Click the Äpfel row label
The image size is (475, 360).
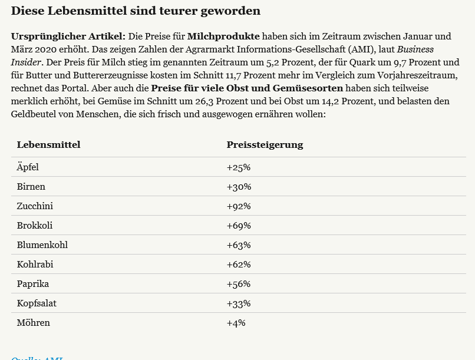click(28, 167)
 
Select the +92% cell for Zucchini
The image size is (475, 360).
click(239, 206)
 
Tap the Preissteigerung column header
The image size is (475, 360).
click(265, 145)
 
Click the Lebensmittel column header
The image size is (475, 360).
click(48, 145)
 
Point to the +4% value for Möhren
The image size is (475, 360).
click(236, 323)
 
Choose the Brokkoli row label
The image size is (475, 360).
click(35, 226)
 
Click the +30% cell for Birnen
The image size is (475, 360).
click(239, 187)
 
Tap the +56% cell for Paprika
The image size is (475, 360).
click(239, 284)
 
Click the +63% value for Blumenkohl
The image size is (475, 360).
click(239, 245)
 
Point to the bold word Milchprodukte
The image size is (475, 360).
click(219, 37)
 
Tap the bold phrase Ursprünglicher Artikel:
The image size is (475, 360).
click(68, 37)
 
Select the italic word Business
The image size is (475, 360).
click(415, 49)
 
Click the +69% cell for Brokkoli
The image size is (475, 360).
click(239, 226)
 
